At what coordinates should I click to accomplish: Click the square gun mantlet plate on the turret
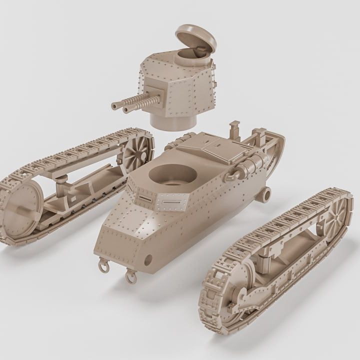tap(156, 95)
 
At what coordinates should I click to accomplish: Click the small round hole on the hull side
tap(148, 259)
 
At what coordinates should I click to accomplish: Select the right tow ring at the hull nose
tap(131, 276)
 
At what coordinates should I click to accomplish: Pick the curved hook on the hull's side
tap(232, 175)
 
